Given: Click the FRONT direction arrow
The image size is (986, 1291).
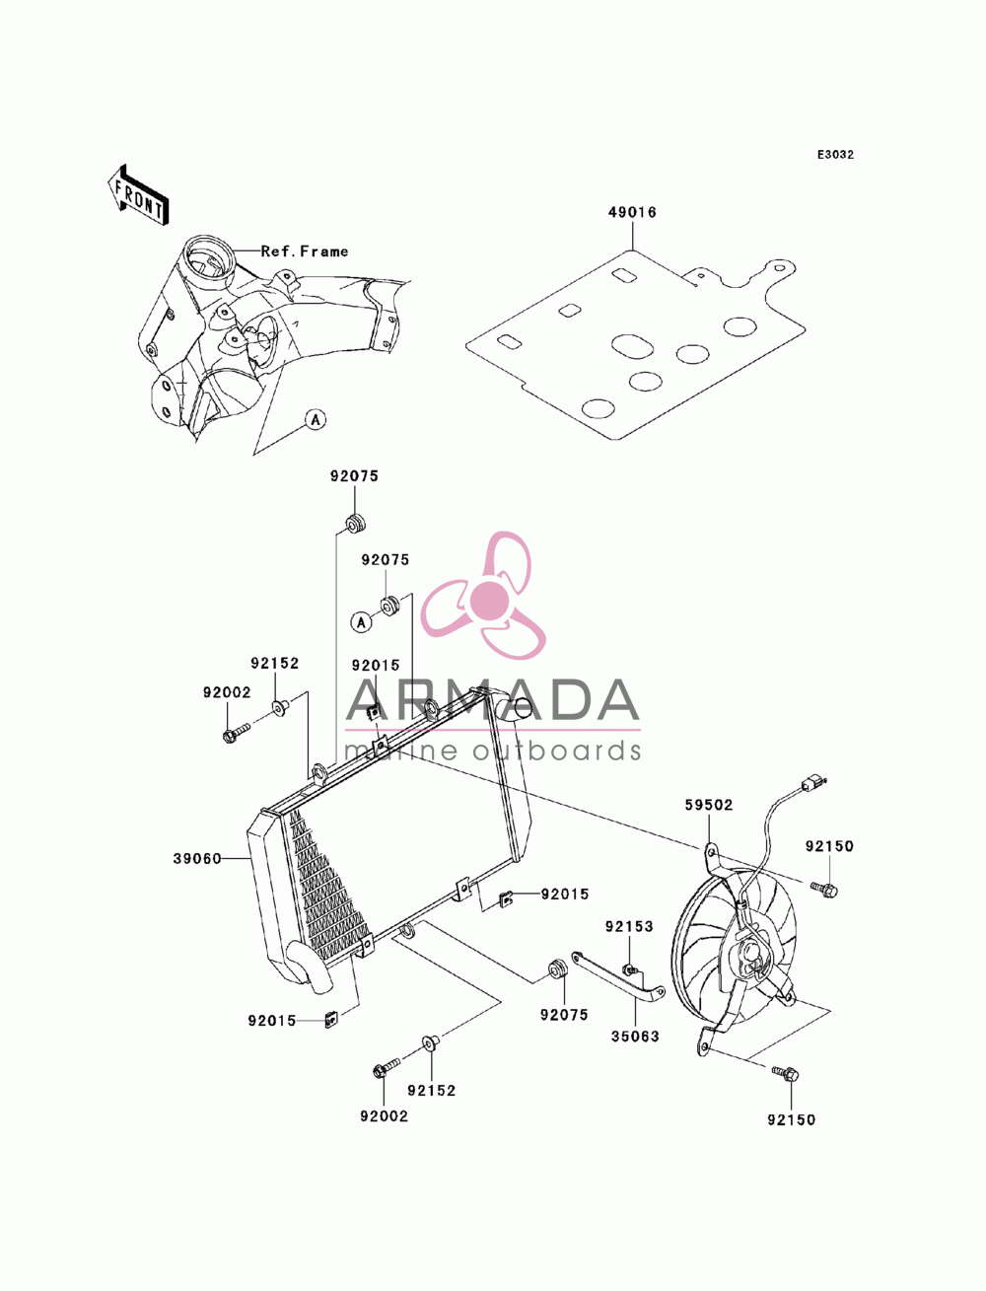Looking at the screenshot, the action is [138, 194].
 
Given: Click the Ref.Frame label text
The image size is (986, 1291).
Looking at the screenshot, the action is [304, 251].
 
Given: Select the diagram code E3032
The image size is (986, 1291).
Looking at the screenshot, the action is [835, 155].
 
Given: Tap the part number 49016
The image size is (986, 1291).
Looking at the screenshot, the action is [632, 212].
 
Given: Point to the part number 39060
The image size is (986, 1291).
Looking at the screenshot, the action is [197, 859].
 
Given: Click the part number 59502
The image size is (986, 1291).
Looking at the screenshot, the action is [709, 805].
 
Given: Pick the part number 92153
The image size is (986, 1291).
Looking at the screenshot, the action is [629, 926].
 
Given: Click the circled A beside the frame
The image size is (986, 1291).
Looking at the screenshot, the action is [316, 420].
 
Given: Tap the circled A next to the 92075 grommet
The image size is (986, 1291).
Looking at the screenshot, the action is [362, 621].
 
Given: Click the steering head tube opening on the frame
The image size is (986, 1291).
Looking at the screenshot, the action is [208, 262].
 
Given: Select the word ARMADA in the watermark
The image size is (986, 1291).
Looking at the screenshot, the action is [492, 700].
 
